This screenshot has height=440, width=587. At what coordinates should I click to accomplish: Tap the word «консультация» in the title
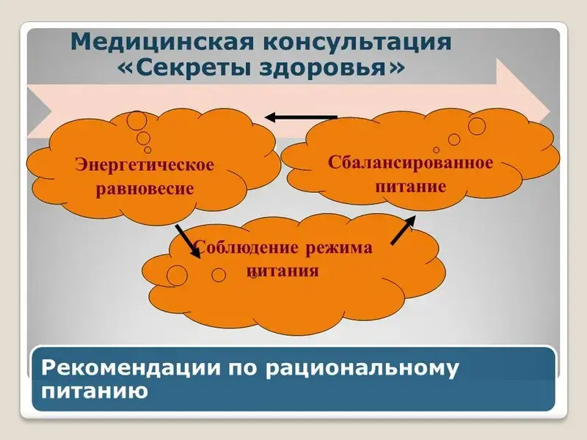pos(357,42)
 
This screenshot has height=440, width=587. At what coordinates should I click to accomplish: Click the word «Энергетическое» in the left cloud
pos(145,164)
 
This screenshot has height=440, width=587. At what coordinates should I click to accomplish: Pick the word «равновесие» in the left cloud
pos(145,188)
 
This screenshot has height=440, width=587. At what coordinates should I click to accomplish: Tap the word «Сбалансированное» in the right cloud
pos(411,163)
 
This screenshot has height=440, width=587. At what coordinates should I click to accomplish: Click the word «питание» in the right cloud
pos(411,186)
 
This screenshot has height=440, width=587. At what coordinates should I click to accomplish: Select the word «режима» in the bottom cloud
pos(339,248)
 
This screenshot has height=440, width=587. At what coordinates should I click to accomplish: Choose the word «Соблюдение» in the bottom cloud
pos(247,248)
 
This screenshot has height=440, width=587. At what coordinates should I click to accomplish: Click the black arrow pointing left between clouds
pos(302,117)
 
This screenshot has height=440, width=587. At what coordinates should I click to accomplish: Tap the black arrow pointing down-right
pos(188,241)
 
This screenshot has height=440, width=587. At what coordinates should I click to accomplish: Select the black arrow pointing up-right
pos(403,230)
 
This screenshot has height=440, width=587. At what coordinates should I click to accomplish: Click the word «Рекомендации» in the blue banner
pos(131,368)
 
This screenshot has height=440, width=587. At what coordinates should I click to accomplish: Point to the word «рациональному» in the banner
pos(362,369)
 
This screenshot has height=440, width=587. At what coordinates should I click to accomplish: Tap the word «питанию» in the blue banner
pos(95,391)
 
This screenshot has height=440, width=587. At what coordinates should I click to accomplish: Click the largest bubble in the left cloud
pos(137,120)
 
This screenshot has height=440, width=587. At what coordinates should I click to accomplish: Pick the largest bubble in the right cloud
pos(476,125)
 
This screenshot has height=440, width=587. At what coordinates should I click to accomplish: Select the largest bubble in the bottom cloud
pos(177,276)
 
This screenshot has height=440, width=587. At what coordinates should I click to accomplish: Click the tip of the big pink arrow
pos(550,112)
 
